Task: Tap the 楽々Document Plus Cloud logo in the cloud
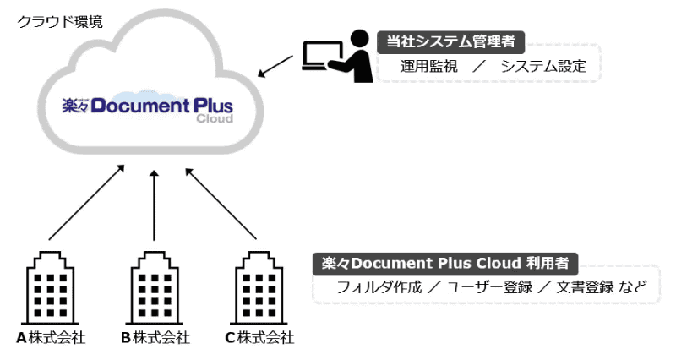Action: [148, 108]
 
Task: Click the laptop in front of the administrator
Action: [313, 59]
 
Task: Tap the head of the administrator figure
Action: [359, 38]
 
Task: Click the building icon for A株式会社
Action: [51, 287]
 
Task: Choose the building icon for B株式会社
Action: [154, 287]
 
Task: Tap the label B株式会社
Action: [155, 339]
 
